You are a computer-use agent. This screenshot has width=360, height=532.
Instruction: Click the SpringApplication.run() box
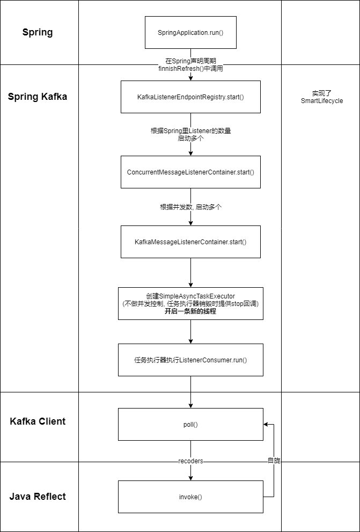point(190,33)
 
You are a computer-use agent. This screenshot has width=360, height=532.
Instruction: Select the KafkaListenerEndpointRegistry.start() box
point(190,97)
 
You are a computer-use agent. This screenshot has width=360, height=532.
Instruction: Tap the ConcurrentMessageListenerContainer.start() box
point(190,172)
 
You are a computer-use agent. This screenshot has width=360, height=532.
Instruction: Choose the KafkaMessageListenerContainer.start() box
point(190,242)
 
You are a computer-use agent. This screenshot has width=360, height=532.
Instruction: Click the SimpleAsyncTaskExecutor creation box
point(190,303)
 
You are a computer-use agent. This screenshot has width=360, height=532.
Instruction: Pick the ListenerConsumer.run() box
point(190,360)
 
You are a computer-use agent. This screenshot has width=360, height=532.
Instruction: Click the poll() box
point(190,424)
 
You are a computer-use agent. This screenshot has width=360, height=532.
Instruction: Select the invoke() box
point(190,497)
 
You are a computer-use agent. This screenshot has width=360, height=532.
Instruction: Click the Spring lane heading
point(38,32)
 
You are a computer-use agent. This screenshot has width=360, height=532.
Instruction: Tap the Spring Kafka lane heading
point(38,97)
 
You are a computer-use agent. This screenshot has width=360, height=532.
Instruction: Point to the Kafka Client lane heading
point(38,421)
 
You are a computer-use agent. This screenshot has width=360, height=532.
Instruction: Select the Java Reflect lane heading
point(38,497)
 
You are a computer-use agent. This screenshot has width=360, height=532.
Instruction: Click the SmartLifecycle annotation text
point(321,100)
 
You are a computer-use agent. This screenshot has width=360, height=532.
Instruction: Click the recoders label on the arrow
point(190,461)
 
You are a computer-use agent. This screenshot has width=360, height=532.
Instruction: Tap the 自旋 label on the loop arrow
point(274,461)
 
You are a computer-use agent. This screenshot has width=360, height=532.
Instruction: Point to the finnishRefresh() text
point(190,69)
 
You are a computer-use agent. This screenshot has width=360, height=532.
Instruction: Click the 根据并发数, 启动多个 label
point(190,207)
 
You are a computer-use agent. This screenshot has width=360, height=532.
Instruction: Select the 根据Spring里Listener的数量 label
point(190,130)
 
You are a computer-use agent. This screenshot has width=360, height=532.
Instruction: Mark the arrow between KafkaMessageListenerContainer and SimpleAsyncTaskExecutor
point(190,273)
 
